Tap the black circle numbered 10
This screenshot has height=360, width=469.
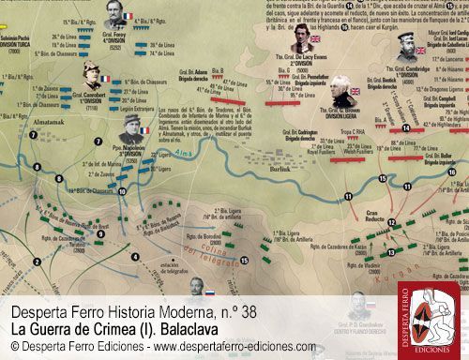pyautogui.click(x=124, y=193)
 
